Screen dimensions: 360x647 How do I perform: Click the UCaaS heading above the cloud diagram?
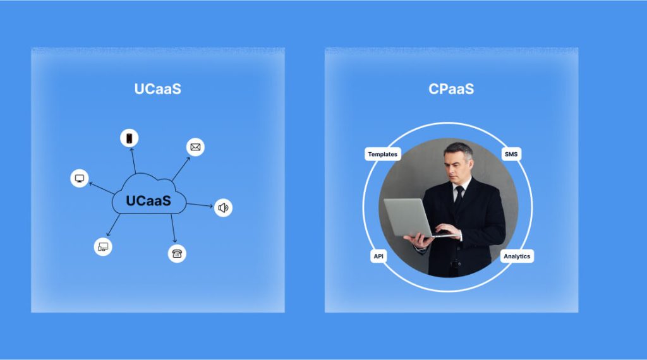tap(157, 89)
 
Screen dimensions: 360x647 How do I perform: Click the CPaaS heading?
tap(450, 89)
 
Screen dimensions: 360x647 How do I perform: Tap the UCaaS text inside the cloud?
tap(148, 201)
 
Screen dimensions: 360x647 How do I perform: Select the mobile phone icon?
tap(130, 138)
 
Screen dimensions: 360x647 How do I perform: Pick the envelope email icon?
tap(196, 148)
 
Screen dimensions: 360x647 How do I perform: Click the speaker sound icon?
tap(223, 207)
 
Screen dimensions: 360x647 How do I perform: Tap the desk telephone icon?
tap(178, 253)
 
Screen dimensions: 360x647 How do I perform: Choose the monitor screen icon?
tap(80, 178)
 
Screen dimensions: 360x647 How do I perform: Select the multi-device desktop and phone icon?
tap(103, 246)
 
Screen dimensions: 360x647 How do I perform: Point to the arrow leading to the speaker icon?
tap(200, 205)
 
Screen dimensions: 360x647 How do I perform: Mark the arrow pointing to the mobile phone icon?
tap(132, 160)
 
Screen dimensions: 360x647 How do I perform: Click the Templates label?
tap(383, 154)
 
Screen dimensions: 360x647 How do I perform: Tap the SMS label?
tap(511, 154)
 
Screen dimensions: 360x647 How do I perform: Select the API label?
tap(378, 256)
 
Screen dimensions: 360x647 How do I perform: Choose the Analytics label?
tap(517, 256)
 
